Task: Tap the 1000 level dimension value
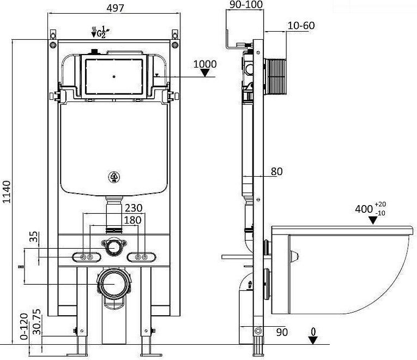coord(205,64)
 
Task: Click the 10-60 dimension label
coord(300,26)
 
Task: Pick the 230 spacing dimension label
coord(134,208)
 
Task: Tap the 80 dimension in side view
coord(276,171)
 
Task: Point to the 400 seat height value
coord(364,208)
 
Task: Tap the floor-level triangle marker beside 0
coord(313,340)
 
